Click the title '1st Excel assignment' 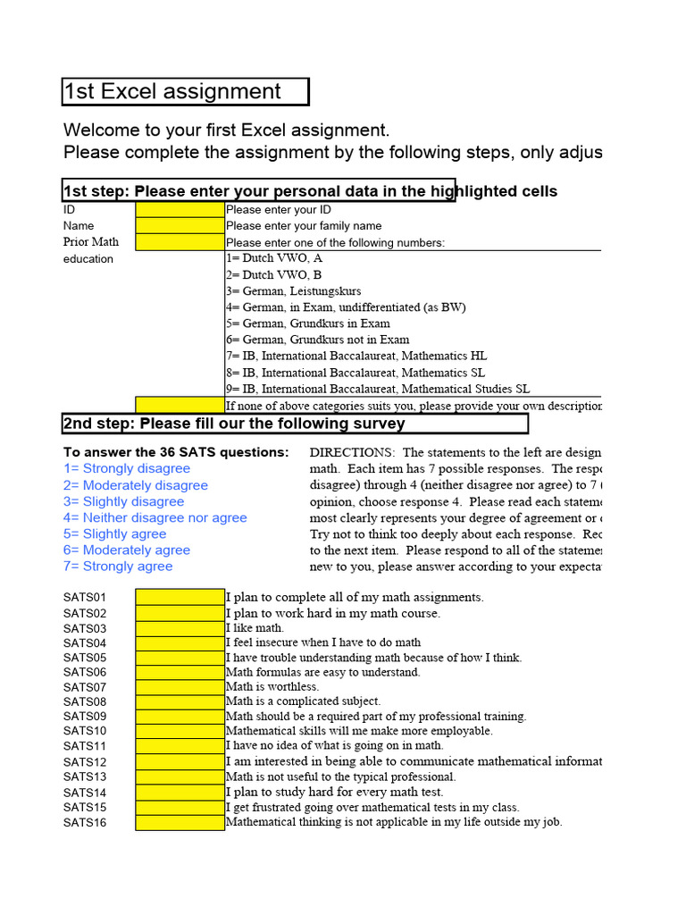(x=173, y=91)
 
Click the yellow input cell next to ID (x=180, y=209)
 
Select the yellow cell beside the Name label (x=180, y=225)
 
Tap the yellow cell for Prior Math (x=180, y=242)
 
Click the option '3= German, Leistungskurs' (x=294, y=291)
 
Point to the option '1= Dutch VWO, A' (x=274, y=258)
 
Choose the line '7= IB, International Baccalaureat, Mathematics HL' (x=356, y=356)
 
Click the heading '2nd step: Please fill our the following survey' (x=234, y=423)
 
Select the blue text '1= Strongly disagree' (x=127, y=468)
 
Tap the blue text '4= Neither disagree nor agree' (x=155, y=517)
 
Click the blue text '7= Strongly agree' (x=118, y=567)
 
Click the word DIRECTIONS (x=350, y=453)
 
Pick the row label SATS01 (x=85, y=597)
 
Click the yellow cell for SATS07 (x=180, y=686)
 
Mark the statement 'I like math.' (x=255, y=627)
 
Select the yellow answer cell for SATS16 (x=180, y=822)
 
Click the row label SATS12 (x=85, y=762)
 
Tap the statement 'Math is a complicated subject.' (x=304, y=701)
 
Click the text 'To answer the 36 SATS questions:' (x=176, y=452)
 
